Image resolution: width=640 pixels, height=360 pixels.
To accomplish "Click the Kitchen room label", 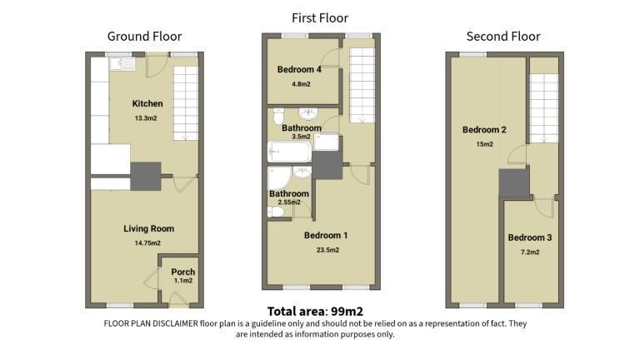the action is click(x=147, y=103).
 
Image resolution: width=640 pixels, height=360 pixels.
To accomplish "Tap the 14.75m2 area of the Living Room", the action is click(x=147, y=242).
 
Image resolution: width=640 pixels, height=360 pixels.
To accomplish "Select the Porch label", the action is click(x=182, y=272).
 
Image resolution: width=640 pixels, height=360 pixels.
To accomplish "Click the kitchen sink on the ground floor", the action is click(x=122, y=63).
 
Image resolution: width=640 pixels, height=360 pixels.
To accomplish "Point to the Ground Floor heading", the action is click(x=144, y=37).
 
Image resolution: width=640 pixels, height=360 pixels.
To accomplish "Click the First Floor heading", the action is click(x=320, y=18).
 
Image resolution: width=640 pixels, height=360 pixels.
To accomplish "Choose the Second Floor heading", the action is click(x=503, y=37).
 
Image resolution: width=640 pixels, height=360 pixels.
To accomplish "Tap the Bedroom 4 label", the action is click(x=299, y=69).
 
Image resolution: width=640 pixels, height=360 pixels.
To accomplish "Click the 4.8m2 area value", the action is click(x=301, y=84).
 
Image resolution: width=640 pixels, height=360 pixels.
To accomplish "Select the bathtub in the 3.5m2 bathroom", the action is click(x=289, y=152).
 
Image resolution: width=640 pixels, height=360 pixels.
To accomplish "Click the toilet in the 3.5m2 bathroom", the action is click(x=278, y=116).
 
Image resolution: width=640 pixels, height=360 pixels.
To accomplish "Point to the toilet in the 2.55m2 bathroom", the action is click(x=276, y=212).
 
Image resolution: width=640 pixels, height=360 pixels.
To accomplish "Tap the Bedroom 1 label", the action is click(x=326, y=236).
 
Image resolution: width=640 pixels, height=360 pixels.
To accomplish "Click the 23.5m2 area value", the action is click(x=327, y=250).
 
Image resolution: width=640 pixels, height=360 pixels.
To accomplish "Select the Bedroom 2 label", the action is click(x=484, y=130).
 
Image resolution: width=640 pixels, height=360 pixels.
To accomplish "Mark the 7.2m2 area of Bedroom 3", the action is click(x=530, y=252).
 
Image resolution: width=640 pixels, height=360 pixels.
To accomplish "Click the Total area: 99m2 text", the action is click(x=315, y=312).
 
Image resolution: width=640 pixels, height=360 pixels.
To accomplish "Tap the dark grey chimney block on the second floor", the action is click(x=514, y=183).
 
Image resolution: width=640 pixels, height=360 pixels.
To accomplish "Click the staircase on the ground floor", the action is click(x=186, y=103).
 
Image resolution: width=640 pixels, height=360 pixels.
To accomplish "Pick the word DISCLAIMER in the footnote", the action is click(x=176, y=323).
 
